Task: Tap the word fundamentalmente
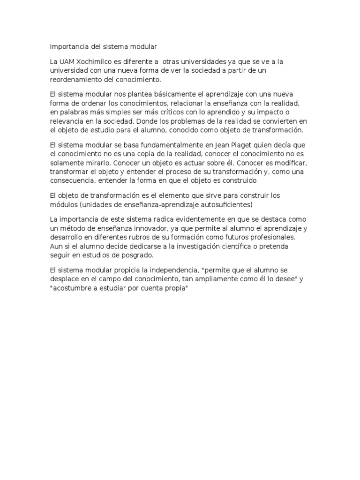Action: [x=147, y=145]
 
